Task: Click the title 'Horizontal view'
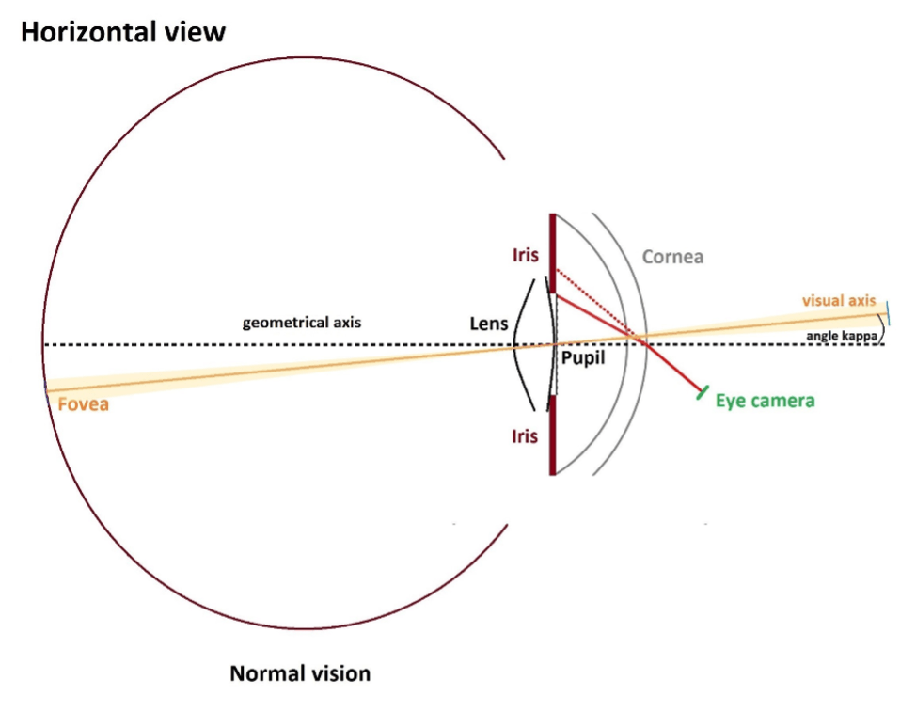point(122,32)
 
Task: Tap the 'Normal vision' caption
point(300,673)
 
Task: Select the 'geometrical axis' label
point(301,323)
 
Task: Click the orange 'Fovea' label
point(83,404)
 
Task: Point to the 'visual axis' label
point(838,301)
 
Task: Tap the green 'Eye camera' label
point(765,401)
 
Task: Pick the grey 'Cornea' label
point(672,257)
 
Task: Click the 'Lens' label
point(488,324)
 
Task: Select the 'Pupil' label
point(582,358)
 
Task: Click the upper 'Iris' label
point(526,255)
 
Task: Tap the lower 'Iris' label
point(526,436)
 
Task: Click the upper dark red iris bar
point(552,249)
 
